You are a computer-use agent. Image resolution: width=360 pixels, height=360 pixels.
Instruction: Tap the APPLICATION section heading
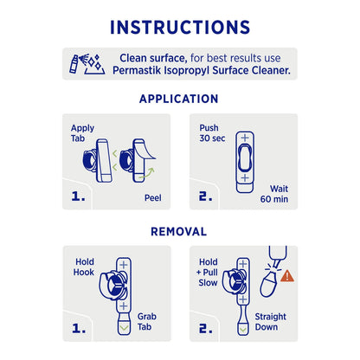(x=180, y=99)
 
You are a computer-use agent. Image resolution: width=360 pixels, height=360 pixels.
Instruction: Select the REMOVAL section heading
(x=180, y=232)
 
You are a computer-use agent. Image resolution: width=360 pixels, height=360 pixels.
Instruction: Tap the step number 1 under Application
(x=78, y=196)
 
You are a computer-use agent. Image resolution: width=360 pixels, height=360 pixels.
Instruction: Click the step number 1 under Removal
(x=78, y=329)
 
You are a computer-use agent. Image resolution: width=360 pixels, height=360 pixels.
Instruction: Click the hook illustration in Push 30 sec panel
(x=245, y=161)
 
